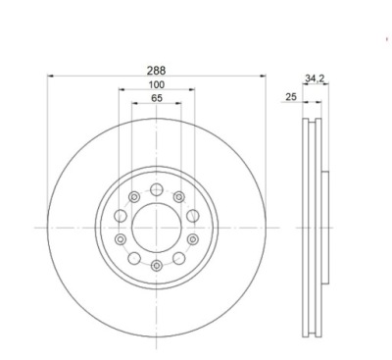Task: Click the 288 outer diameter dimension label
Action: (x=156, y=71)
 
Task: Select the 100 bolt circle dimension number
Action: (x=157, y=84)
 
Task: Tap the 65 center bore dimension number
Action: (x=157, y=98)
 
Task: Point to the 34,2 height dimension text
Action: (x=315, y=78)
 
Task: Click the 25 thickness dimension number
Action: (x=291, y=97)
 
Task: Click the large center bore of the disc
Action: (x=157, y=228)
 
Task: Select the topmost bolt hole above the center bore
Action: (x=157, y=189)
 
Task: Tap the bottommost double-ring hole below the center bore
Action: (x=157, y=265)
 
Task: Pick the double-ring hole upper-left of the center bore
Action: (x=134, y=197)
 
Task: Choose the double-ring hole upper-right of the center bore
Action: (x=179, y=197)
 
